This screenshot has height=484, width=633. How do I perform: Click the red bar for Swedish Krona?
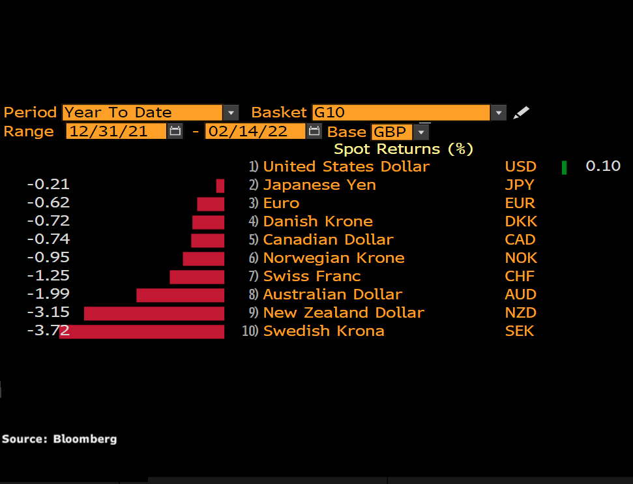(142, 331)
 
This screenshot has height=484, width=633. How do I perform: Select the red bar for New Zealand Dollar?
(155, 313)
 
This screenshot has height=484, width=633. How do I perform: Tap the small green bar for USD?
(564, 167)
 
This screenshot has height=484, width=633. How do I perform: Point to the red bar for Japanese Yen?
(220, 185)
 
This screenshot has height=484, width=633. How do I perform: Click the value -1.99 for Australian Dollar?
(48, 294)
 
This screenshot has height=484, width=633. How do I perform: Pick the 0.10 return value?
(603, 166)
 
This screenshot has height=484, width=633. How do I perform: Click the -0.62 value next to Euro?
(48, 203)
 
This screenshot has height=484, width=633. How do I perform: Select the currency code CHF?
(520, 276)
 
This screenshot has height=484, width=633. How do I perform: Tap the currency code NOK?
(520, 258)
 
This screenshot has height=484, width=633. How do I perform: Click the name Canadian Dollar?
(328, 239)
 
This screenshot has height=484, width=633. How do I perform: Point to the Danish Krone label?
(317, 221)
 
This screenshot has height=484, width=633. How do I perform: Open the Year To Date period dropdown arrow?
(231, 112)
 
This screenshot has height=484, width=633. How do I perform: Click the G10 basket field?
(400, 112)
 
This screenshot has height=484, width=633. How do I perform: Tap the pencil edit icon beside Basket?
(521, 113)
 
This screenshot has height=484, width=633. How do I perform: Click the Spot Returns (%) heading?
(404, 149)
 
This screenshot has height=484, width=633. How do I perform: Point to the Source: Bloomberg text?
(59, 439)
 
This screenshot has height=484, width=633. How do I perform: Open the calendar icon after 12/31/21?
(175, 131)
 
